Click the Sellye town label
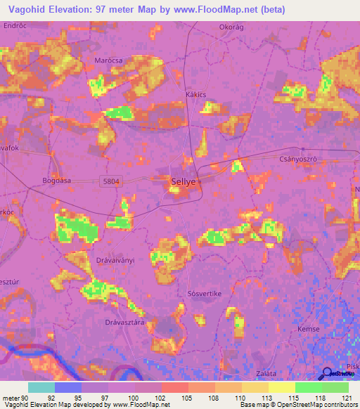click(184, 181)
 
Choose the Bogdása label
click(58, 180)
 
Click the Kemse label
click(308, 328)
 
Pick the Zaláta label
click(265, 373)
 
